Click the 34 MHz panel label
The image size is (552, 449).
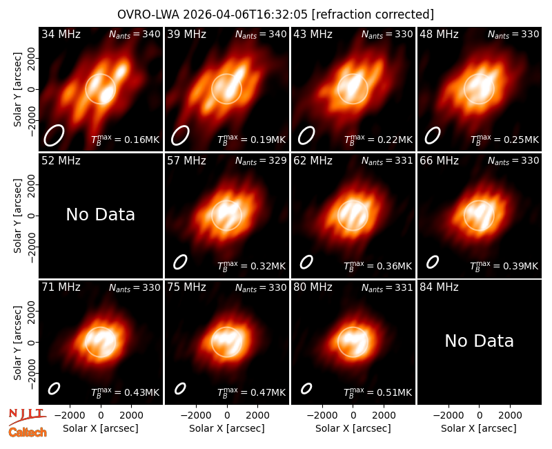61,34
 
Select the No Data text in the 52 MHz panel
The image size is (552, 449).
100,214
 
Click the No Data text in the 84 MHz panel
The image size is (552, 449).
479,341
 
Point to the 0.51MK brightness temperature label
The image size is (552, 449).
377,392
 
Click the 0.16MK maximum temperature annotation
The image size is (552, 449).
126,139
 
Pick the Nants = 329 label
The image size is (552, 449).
261,161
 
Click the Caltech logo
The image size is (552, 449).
28,432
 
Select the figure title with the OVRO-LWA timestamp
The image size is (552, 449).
275,15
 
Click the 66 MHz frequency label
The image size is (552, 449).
439,161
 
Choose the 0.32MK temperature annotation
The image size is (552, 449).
251,265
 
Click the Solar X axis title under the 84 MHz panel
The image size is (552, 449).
479,428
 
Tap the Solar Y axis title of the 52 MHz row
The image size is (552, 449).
17,216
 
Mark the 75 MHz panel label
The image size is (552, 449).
186,287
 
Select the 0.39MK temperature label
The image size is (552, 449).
504,265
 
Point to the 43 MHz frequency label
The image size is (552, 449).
313,34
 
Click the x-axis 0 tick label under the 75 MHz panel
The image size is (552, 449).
227,416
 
